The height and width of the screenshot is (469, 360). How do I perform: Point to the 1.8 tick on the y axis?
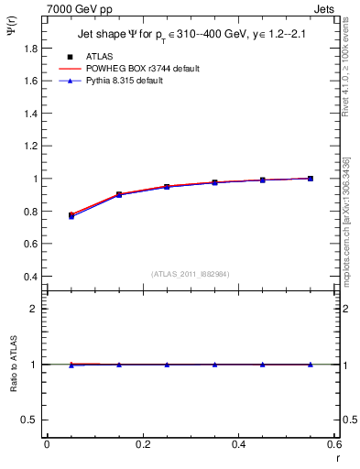pyautogui.click(x=30, y=48)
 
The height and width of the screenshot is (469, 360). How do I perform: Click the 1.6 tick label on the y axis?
pyautogui.click(x=30, y=81)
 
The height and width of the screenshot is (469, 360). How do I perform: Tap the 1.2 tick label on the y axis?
pyautogui.click(x=30, y=146)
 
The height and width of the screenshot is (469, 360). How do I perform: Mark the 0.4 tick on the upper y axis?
pyautogui.click(x=30, y=277)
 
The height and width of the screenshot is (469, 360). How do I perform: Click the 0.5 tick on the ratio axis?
pyautogui.click(x=30, y=420)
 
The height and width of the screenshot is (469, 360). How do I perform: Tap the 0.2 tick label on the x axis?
pyautogui.click(x=143, y=444)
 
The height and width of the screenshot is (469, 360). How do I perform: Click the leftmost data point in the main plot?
pyautogui.click(x=71, y=215)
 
